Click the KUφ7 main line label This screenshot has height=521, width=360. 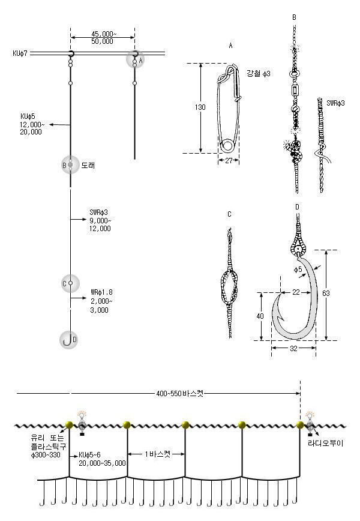[x=20, y=53]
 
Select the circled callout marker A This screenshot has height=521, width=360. [x=136, y=60]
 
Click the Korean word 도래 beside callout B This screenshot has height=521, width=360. [x=88, y=165]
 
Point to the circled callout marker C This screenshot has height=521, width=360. [x=70, y=283]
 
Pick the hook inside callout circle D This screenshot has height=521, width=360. [x=68, y=340]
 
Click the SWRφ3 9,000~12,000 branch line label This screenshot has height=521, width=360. [x=100, y=220]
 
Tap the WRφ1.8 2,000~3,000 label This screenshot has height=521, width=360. [x=101, y=301]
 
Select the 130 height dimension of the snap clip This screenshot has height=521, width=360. [x=200, y=107]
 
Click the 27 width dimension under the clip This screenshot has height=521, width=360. [x=229, y=160]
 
